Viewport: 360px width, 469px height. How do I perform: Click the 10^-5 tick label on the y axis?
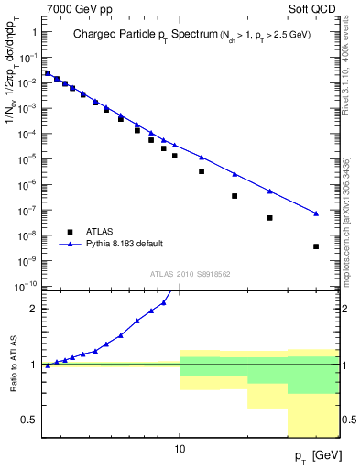click(27, 158)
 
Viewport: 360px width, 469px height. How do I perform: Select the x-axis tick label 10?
click(180, 450)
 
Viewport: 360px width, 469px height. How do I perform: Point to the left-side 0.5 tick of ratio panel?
click(29, 420)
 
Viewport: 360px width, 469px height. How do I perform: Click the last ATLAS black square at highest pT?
click(315, 246)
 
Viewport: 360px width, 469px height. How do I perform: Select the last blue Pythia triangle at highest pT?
click(315, 213)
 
